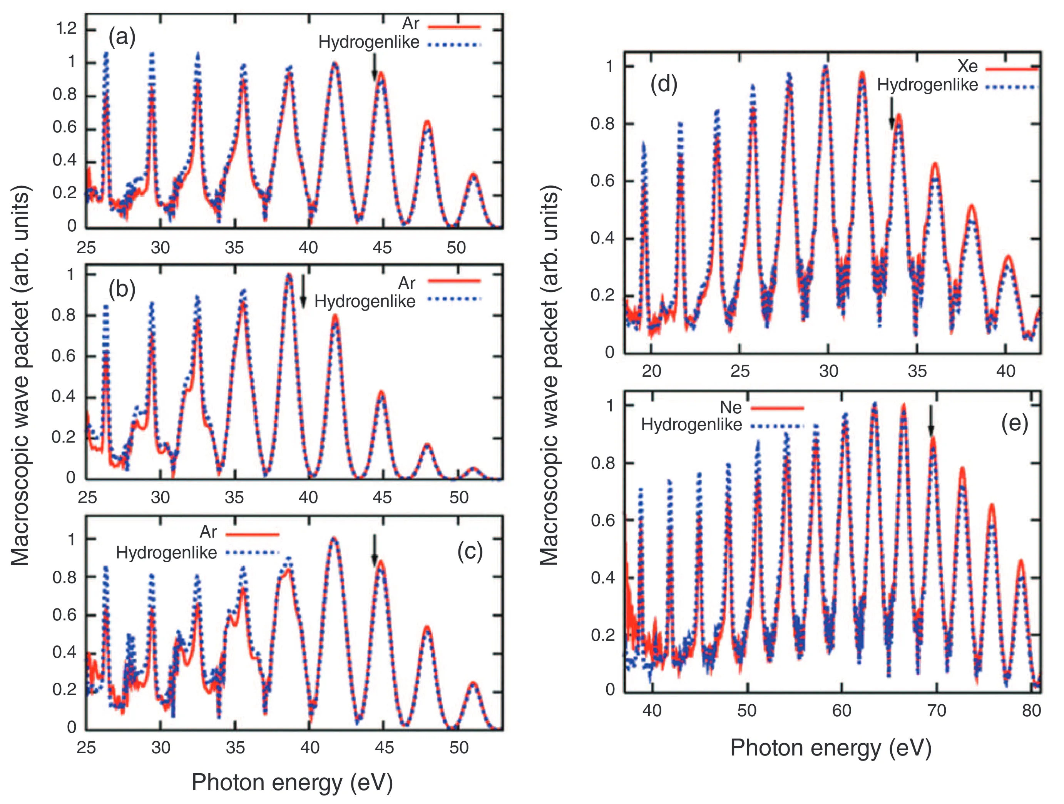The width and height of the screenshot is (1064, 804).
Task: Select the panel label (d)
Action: (x=664, y=85)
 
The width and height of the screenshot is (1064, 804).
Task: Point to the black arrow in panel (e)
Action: (x=930, y=420)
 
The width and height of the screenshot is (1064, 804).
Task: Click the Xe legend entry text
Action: (x=967, y=66)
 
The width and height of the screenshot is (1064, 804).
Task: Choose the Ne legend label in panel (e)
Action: (x=730, y=408)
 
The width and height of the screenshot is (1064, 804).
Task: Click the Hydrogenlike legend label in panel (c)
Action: (x=166, y=553)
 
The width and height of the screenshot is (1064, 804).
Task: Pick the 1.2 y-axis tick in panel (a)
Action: (x=66, y=29)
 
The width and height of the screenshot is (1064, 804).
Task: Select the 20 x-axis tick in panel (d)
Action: (x=651, y=371)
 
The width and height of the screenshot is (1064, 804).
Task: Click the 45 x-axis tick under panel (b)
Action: (x=382, y=497)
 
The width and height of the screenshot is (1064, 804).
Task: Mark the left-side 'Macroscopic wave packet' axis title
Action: (x=20, y=375)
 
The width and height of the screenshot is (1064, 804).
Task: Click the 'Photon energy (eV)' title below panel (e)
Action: (x=831, y=748)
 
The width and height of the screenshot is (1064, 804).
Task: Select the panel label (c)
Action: (x=470, y=552)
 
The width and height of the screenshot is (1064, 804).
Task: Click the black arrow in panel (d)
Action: (x=891, y=114)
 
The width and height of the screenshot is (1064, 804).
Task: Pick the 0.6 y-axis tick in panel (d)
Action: (x=602, y=181)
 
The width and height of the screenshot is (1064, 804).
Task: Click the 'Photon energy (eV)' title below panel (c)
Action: (x=292, y=782)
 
